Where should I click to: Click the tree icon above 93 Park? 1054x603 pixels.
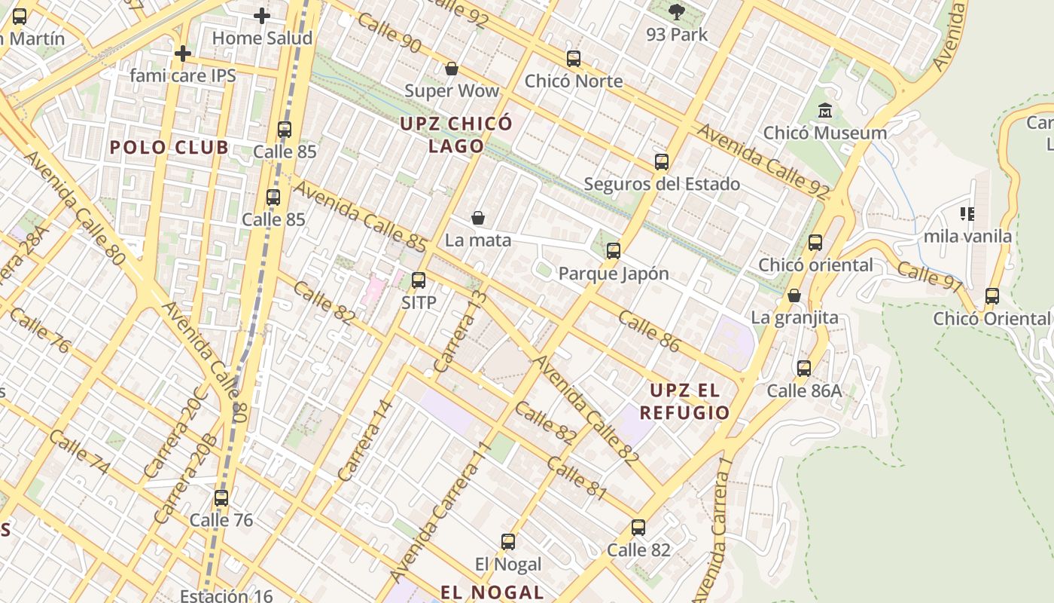pyautogui.click(x=676, y=11)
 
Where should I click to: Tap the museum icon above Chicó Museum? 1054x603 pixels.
pyautogui.click(x=825, y=111)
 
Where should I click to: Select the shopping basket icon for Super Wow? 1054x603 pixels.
pyautogui.click(x=452, y=69)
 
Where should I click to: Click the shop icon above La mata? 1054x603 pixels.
pyautogui.click(x=477, y=218)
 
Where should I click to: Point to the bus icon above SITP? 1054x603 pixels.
pyautogui.click(x=418, y=280)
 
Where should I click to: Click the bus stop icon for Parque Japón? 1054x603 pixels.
pyautogui.click(x=614, y=251)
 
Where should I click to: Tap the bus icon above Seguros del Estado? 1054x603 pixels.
pyautogui.click(x=661, y=161)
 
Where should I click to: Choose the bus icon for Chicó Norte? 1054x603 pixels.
pyautogui.click(x=573, y=58)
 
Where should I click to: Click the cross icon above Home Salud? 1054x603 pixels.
pyautogui.click(x=261, y=15)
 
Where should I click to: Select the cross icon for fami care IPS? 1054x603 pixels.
pyautogui.click(x=182, y=54)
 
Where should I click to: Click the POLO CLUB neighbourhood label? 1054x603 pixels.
pyautogui.click(x=169, y=147)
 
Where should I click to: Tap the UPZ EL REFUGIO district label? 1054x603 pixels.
pyautogui.click(x=684, y=401)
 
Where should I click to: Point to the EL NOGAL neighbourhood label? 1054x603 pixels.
pyautogui.click(x=492, y=592)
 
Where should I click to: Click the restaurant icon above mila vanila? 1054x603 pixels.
pyautogui.click(x=967, y=214)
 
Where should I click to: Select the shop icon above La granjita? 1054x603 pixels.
pyautogui.click(x=794, y=295)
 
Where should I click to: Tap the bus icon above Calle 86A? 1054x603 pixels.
pyautogui.click(x=803, y=368)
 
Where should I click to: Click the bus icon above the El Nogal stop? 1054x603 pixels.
pyautogui.click(x=508, y=541)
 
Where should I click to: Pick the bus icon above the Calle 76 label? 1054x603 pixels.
pyautogui.click(x=221, y=497)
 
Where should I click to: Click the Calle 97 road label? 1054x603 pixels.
pyautogui.click(x=930, y=275)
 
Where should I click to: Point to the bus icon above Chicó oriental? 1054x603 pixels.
pyautogui.click(x=815, y=242)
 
